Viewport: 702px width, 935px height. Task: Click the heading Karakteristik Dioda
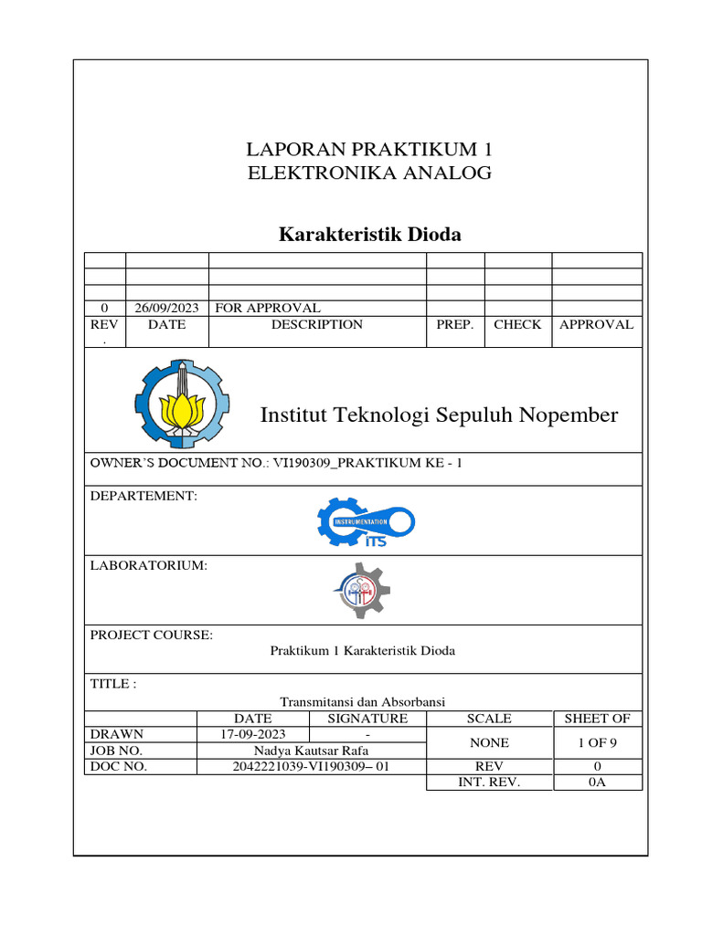[x=369, y=235]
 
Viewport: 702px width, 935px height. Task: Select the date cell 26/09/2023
[x=166, y=308]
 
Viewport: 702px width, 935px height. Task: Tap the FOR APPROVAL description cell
[x=267, y=308]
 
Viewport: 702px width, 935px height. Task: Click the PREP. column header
[x=454, y=324]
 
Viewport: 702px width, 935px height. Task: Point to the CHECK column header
[x=517, y=324]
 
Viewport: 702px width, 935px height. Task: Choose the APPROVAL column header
[x=596, y=324]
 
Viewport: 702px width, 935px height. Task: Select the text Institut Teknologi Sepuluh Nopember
[x=439, y=415]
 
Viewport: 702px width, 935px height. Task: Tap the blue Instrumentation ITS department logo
[x=366, y=523]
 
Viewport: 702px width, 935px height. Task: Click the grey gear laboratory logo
[x=361, y=591]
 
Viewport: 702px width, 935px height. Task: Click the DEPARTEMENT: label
[x=144, y=496]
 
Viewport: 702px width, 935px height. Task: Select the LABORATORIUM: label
[x=148, y=565]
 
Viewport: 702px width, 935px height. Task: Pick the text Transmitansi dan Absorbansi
[x=362, y=701]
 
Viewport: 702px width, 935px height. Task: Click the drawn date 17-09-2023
[x=253, y=734]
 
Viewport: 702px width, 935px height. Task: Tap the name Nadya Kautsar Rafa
[x=311, y=751]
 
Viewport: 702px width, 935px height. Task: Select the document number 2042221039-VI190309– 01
[x=311, y=766]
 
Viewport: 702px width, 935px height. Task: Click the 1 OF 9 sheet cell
[x=597, y=742]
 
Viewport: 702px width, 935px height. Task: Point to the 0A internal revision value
[x=597, y=782]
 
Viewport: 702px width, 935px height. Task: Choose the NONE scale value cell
[x=489, y=742]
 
